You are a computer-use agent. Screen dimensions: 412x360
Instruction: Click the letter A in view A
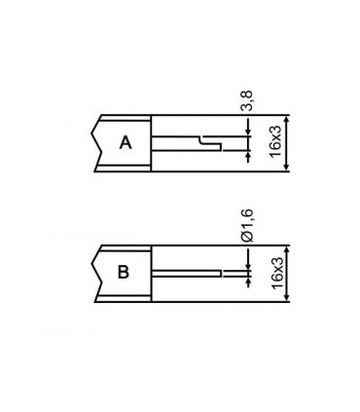pos(125,143)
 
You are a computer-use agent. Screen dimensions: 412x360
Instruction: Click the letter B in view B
pos(124,272)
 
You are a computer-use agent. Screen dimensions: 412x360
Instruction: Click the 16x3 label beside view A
pos(276,142)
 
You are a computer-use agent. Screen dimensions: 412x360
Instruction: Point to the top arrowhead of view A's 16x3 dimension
pos(285,118)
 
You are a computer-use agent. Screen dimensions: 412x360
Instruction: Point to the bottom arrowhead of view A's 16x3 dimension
pos(285,168)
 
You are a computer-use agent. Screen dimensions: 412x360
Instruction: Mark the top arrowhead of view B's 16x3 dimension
pos(285,247)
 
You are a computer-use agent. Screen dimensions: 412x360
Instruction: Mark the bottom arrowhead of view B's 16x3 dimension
pos(285,297)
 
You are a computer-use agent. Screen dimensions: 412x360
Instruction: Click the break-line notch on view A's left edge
pos(97,142)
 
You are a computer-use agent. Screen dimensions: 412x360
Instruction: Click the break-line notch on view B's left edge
pos(97,272)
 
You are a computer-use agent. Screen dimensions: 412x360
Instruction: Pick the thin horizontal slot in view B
pos(190,273)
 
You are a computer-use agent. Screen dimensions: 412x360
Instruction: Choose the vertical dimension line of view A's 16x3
pos(285,142)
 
